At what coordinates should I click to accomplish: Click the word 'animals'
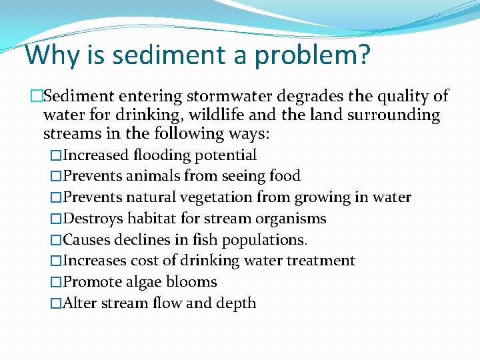[147, 176]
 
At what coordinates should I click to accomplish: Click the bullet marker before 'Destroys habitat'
[56, 219]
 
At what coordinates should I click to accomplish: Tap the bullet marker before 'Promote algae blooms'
[56, 282]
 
